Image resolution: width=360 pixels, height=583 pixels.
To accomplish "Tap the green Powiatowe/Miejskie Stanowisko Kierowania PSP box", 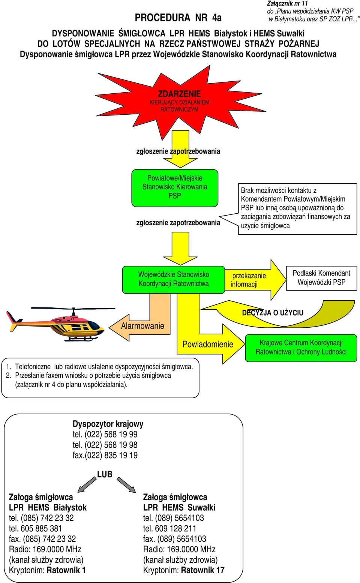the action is tap(175, 188).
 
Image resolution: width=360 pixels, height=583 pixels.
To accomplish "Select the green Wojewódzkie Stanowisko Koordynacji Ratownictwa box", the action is tap(174, 280).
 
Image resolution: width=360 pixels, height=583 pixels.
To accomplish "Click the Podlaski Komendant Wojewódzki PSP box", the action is tap(321, 278).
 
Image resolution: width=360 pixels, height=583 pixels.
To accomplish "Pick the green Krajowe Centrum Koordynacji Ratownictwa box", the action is tap(301, 348).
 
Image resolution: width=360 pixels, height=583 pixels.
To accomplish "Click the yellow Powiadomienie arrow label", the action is tap(208, 344).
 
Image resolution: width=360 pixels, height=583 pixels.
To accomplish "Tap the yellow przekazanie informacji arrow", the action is tap(255, 280).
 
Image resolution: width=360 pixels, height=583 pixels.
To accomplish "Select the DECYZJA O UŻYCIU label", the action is tap(273, 313).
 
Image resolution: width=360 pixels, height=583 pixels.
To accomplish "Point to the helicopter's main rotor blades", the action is tap(73, 309).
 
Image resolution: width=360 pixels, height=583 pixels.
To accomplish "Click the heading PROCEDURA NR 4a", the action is tap(178, 18).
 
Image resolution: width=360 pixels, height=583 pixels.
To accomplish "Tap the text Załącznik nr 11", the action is tap(287, 3).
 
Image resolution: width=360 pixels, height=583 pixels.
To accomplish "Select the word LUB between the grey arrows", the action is tap(105, 474).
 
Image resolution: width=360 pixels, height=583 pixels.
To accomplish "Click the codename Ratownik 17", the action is tap(202, 570).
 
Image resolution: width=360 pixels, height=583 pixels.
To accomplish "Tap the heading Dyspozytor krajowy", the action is tap(108, 424).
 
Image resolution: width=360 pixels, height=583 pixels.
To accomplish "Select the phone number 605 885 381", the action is tap(41, 528).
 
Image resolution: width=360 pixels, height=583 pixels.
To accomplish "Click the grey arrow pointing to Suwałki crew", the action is tap(126, 485).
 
